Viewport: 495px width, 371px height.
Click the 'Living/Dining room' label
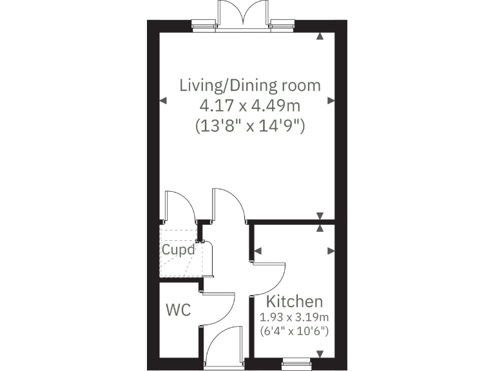point(249,85)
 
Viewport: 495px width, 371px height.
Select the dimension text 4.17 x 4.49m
point(249,105)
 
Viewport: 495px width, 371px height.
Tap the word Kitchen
point(295,301)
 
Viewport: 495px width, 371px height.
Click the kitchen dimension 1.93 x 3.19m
point(295,318)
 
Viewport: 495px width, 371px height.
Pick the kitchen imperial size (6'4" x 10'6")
point(295,332)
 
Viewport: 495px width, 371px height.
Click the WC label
point(179,310)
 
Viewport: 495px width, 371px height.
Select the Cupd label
point(177,250)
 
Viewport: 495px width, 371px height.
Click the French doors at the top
point(242,14)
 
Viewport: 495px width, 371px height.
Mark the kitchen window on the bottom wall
point(300,364)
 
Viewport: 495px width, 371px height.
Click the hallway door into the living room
point(229,205)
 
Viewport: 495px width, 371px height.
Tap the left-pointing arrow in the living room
point(162,100)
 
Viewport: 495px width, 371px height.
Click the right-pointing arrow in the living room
point(331,100)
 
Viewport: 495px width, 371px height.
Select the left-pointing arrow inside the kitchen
point(258,251)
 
